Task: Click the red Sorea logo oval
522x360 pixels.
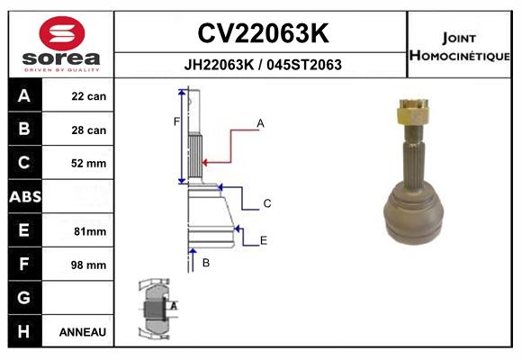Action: tap(62, 33)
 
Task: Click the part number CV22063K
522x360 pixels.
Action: tap(263, 33)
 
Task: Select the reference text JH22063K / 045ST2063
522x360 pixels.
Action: tap(263, 65)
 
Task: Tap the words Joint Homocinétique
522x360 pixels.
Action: tap(459, 47)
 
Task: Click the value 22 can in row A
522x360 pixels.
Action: tap(89, 96)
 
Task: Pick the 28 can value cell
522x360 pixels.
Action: tap(89, 130)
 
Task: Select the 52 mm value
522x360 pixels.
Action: tap(88, 163)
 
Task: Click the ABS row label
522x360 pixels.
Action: tap(25, 196)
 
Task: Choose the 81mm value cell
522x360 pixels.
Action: tap(90, 231)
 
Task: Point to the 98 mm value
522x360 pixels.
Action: tap(88, 265)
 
